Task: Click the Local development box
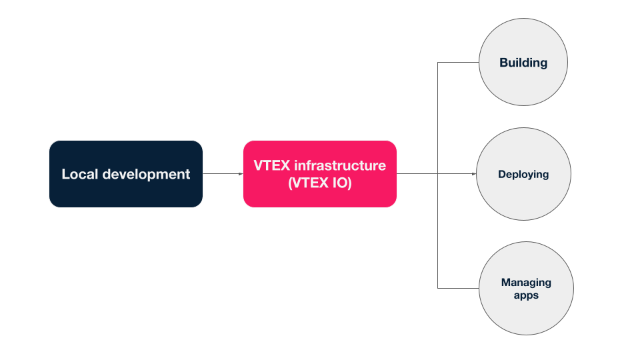pos(125,174)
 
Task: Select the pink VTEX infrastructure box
pos(319,174)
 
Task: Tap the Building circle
pos(523,63)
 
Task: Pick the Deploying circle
pos(523,174)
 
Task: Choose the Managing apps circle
pos(526,288)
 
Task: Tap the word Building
pos(523,63)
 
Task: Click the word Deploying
pos(523,174)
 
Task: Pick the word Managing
pos(526,282)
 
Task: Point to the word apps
pos(526,295)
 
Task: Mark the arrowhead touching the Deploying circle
pos(474,174)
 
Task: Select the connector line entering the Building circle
pos(459,63)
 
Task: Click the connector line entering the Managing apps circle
pos(459,288)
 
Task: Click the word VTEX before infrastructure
pos(272,165)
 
